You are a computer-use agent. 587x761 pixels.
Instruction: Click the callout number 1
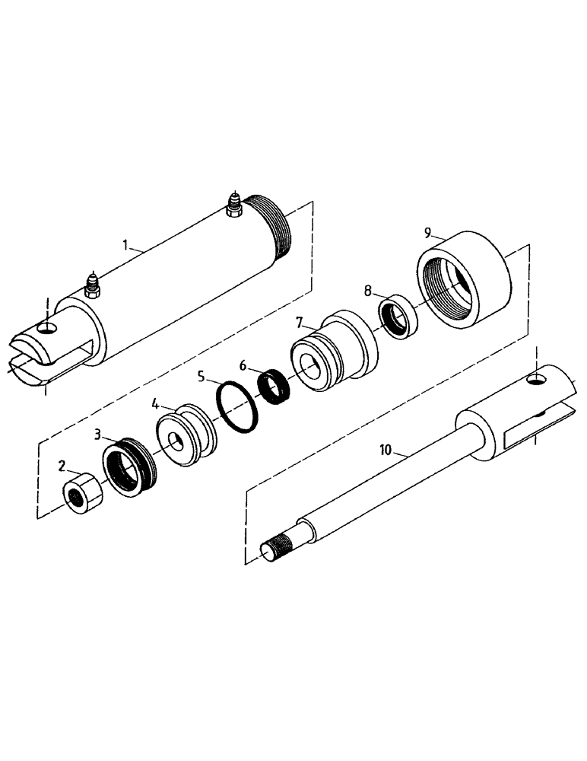pyautogui.click(x=127, y=246)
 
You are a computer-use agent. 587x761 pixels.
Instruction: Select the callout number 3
pyautogui.click(x=99, y=435)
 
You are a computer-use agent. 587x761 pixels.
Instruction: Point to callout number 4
pyautogui.click(x=154, y=403)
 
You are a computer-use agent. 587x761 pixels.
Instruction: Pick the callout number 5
pyautogui.click(x=201, y=375)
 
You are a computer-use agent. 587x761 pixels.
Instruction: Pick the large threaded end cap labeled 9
pyautogui.click(x=465, y=282)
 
